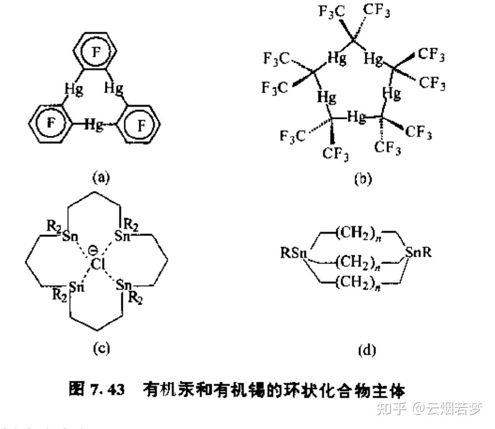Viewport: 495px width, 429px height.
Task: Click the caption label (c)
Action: tap(101, 349)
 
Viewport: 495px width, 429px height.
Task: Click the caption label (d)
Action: tap(366, 351)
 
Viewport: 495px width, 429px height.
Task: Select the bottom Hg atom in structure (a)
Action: tap(93, 124)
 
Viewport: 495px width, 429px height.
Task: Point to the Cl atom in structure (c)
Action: tap(96, 264)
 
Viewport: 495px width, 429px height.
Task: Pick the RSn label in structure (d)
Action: tap(293, 253)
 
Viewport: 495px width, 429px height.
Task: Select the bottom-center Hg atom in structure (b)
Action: tap(357, 117)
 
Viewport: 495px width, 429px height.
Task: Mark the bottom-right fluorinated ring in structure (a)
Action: tap(140, 124)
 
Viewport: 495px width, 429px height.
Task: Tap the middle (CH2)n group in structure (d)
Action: tap(357, 262)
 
